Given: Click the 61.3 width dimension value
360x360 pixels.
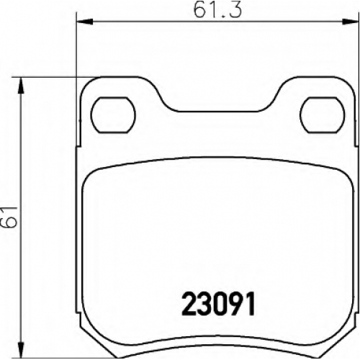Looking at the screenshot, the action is tap(217, 10).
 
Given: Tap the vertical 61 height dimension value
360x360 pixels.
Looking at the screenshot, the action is tap(9, 217).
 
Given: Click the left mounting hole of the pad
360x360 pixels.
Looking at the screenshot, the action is tap(113, 115).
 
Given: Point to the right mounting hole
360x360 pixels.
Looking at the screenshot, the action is tap(323, 115).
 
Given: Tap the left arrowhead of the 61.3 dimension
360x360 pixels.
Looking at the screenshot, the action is tap(84, 22).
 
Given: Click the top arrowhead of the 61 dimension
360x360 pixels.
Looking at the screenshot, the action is tap(21, 86).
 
